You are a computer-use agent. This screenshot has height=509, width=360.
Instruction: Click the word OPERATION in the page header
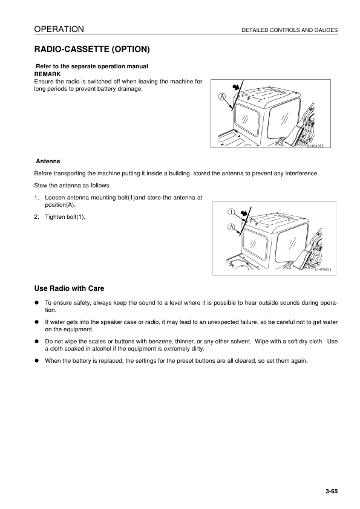(59, 29)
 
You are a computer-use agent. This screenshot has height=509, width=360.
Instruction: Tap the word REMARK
(48, 73)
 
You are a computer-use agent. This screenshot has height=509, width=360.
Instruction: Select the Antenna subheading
(47, 161)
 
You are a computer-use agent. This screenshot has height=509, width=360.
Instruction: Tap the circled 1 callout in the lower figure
(231, 212)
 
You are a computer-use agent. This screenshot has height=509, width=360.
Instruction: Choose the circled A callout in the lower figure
(231, 227)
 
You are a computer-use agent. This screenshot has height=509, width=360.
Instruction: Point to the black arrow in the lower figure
(244, 214)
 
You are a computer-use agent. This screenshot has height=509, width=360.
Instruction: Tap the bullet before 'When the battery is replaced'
(38, 361)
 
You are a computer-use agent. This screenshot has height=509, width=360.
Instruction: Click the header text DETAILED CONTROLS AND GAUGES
(289, 30)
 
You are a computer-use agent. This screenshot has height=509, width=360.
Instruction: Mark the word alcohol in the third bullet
(113, 349)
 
